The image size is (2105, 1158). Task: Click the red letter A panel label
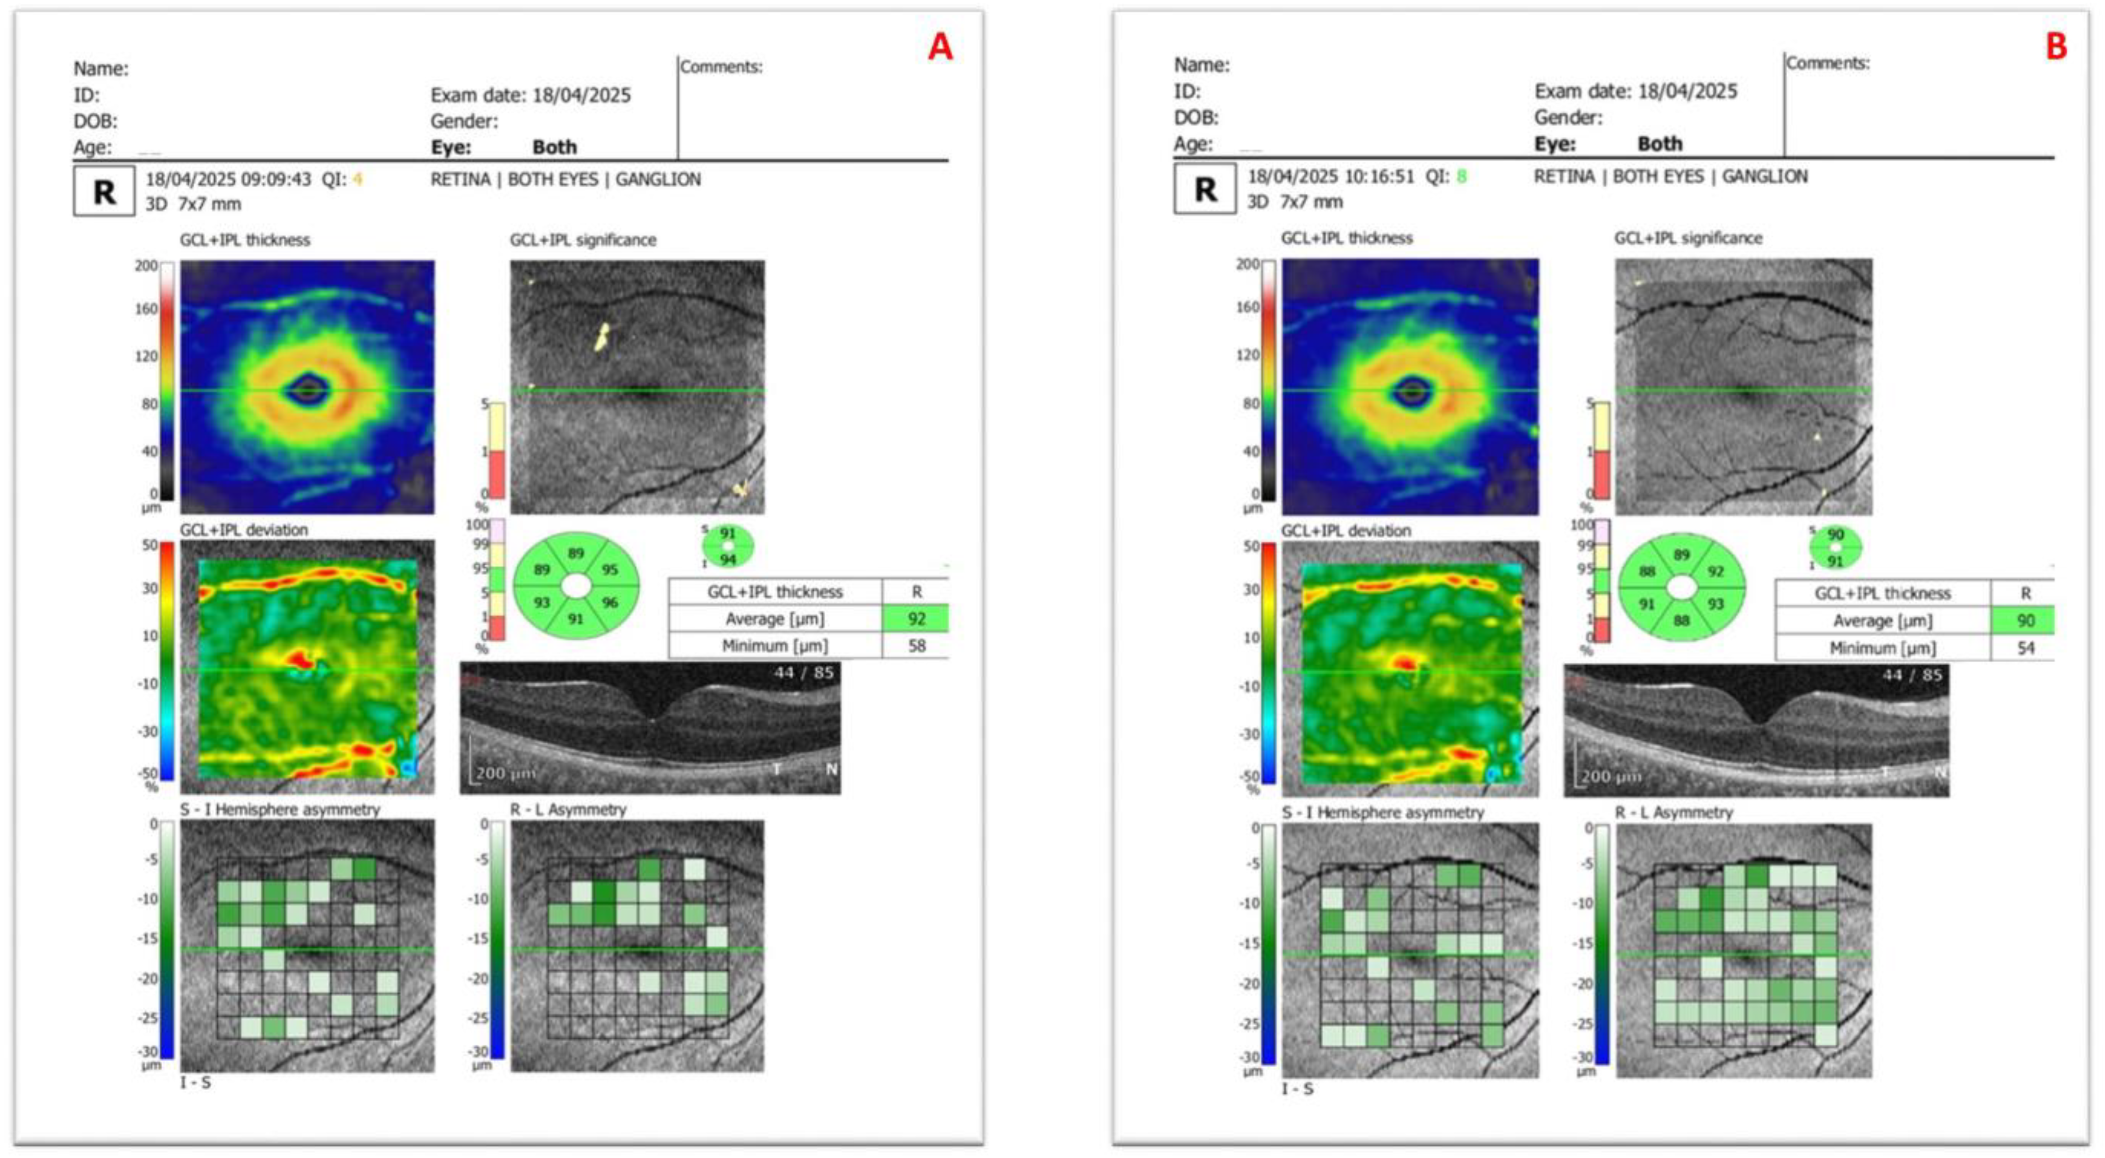(940, 47)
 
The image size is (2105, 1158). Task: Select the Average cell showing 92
(916, 619)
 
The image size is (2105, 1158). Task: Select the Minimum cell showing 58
(916, 646)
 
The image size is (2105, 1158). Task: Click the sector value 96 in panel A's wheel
(610, 602)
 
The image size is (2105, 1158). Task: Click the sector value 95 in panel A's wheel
(610, 570)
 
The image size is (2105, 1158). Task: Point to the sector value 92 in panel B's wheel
(1715, 571)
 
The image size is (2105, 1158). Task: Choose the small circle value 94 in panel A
(727, 560)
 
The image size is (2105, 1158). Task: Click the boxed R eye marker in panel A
(104, 192)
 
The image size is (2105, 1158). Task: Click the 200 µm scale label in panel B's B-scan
(1608, 775)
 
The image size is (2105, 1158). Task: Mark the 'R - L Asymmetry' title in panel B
(1673, 812)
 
